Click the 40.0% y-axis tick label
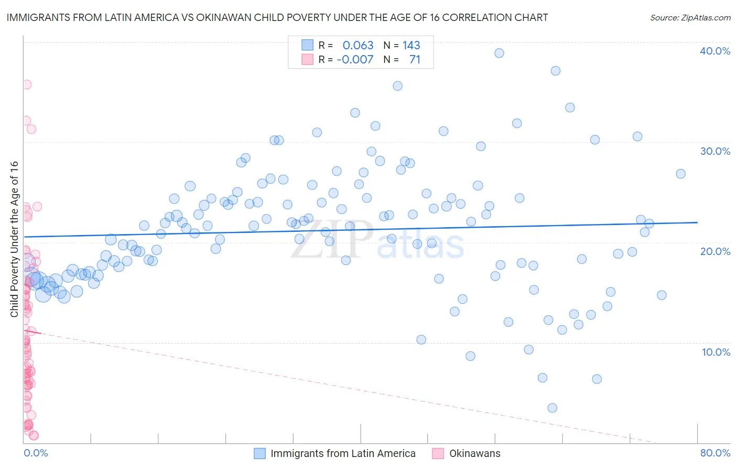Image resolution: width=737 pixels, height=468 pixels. pyautogui.click(x=715, y=51)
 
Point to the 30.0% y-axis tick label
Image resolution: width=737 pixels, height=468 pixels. pyautogui.click(x=715, y=151)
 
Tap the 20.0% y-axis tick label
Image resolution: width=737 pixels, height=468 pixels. pyautogui.click(x=715, y=251)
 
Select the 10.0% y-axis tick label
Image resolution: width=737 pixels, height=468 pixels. pyautogui.click(x=716, y=352)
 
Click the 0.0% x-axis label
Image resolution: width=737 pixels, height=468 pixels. pyautogui.click(x=36, y=453)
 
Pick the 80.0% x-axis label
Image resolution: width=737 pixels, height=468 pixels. pyautogui.click(x=715, y=453)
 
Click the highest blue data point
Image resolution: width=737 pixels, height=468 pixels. pyautogui.click(x=499, y=53)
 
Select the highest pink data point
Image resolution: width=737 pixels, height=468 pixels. pyautogui.click(x=26, y=84)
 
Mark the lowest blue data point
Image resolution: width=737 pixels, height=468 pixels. pyautogui.click(x=552, y=408)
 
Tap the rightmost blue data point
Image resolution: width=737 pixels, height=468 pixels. pyautogui.click(x=680, y=174)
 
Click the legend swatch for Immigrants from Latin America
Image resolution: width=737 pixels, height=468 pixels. pyautogui.click(x=260, y=453)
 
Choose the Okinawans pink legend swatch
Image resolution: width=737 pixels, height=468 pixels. pyautogui.click(x=438, y=453)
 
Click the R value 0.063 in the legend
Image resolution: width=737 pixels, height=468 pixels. pyautogui.click(x=358, y=45)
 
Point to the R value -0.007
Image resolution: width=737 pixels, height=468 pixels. pyautogui.click(x=355, y=59)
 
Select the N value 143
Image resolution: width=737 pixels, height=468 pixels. pyautogui.click(x=411, y=45)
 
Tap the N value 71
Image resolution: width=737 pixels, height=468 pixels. pyautogui.click(x=415, y=59)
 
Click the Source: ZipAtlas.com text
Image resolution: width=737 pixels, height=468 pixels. pyautogui.click(x=690, y=18)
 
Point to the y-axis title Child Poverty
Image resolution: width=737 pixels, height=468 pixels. pyautogui.click(x=14, y=239)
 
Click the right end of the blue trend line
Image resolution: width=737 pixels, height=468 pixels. pyautogui.click(x=697, y=222)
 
